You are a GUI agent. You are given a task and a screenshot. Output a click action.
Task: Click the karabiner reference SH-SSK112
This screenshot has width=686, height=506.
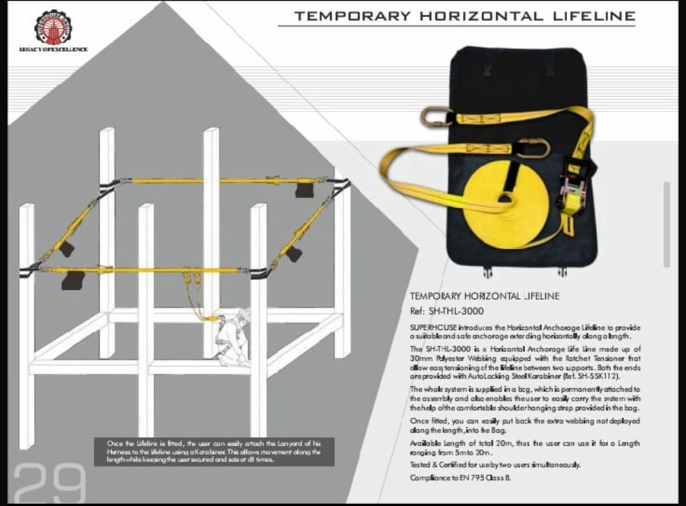point(614,376)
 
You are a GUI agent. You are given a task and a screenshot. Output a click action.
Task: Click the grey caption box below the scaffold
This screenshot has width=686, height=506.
point(213,451)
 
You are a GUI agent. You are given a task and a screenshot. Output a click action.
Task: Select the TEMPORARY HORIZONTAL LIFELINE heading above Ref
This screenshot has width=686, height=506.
point(484,296)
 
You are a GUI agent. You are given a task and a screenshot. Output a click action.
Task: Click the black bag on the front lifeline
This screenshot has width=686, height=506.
point(72,280)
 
